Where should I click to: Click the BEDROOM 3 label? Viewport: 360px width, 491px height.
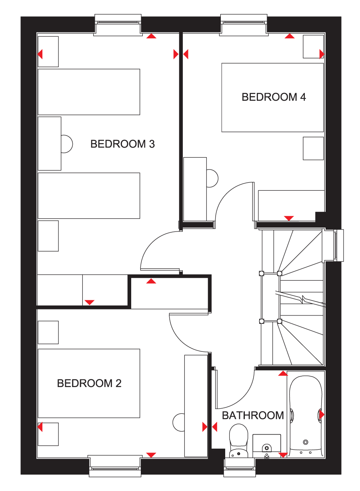tap(122, 144)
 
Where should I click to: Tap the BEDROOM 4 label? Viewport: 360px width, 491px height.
tap(274, 97)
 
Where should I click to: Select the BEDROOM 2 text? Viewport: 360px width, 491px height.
tap(89, 383)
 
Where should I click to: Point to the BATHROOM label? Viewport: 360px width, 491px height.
tap(253, 415)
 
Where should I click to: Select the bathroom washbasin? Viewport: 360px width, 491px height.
tap(267, 446)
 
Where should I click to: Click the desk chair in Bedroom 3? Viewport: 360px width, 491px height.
tap(67, 144)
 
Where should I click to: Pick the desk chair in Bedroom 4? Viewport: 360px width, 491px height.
tap(212, 178)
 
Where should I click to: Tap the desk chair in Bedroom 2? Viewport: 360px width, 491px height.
tap(179, 422)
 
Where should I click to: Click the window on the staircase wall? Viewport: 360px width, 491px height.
tap(338, 245)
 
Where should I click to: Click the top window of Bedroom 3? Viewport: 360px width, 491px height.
tap(118, 25)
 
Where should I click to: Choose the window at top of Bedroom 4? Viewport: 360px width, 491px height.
tap(244, 25)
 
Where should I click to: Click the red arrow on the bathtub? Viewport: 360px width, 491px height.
tap(322, 415)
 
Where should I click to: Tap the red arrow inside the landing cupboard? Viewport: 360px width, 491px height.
tap(151, 281)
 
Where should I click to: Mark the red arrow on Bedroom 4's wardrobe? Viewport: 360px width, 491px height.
tap(289, 218)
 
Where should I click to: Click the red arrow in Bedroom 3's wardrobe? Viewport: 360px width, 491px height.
tap(90, 302)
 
